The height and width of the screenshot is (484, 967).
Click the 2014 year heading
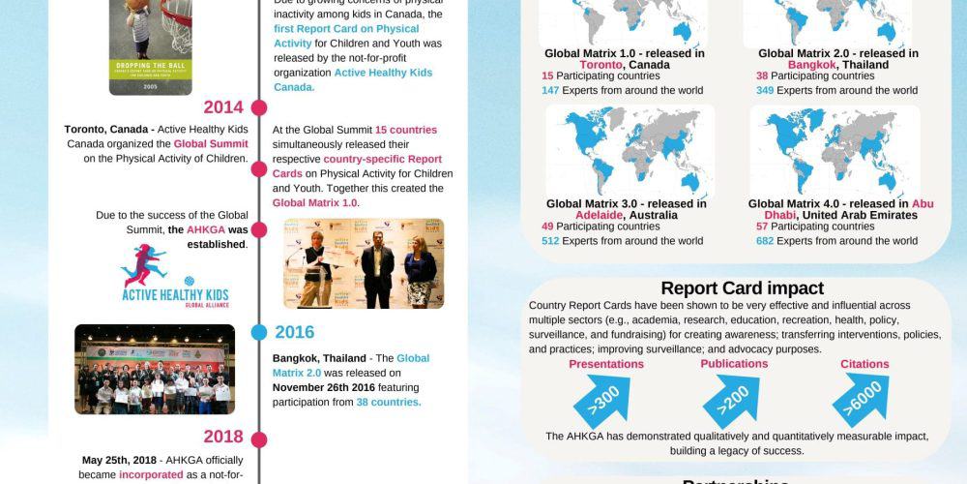[x=223, y=107]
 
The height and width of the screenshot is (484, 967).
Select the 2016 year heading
[x=294, y=332]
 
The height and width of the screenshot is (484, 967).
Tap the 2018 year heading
[x=223, y=437]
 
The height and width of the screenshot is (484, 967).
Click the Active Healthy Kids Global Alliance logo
[x=175, y=275]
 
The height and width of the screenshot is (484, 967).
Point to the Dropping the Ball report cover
[x=150, y=46]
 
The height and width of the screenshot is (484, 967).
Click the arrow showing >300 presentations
[x=601, y=399]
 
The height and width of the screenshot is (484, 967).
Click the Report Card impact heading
[x=742, y=288]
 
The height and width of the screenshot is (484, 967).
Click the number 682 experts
[x=765, y=241]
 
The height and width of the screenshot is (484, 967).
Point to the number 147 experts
[x=550, y=90]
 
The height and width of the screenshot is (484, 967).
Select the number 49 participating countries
[x=547, y=227]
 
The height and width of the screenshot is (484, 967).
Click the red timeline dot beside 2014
[x=258, y=107]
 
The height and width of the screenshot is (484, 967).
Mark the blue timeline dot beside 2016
[x=258, y=332]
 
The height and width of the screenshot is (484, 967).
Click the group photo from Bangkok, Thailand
[x=155, y=369]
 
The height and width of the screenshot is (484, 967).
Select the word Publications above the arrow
[x=734, y=364]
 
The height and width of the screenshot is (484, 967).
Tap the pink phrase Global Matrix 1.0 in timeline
[x=314, y=203]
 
